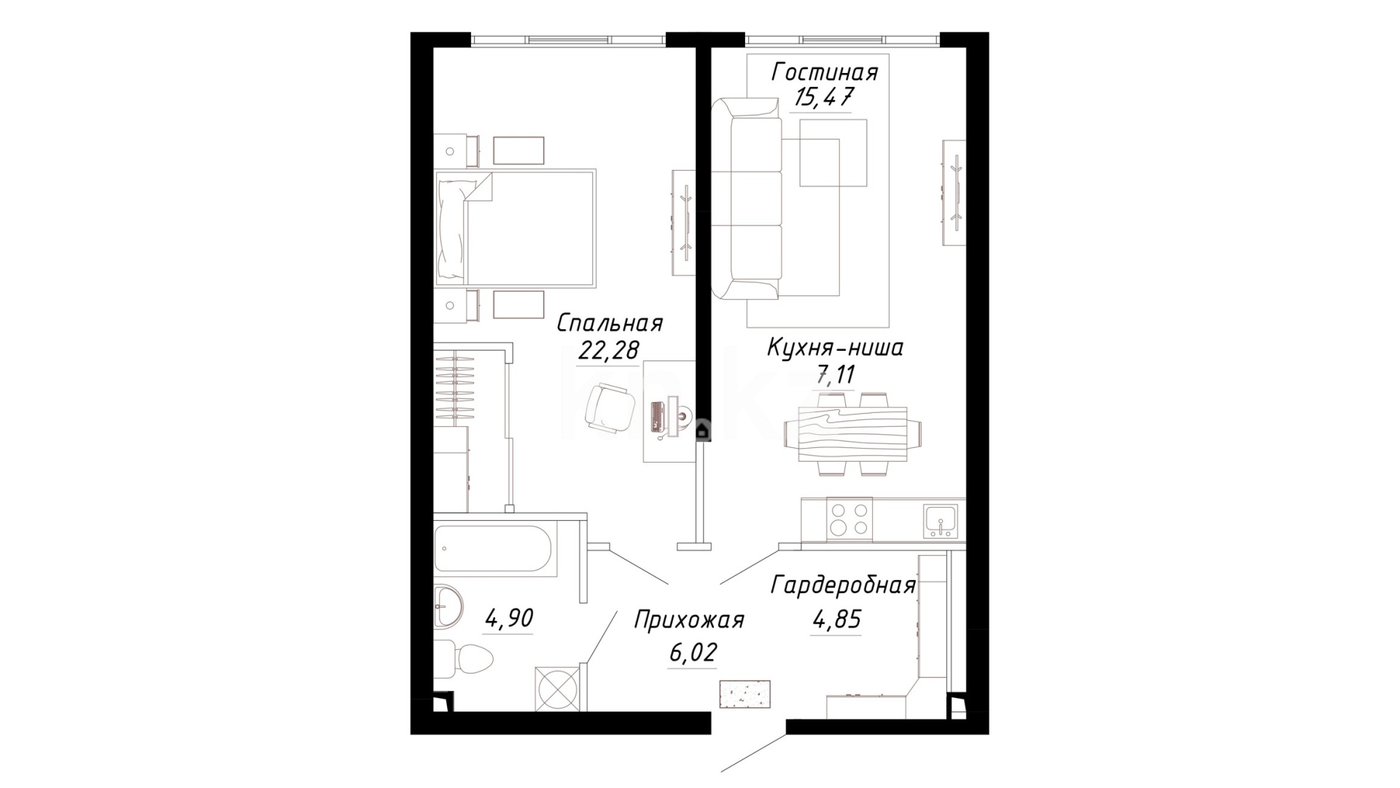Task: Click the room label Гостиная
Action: [825, 73]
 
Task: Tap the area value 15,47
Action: [823, 97]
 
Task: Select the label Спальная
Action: [610, 323]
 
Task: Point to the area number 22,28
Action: [609, 350]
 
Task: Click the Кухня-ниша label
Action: [835, 348]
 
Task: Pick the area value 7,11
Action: [835, 376]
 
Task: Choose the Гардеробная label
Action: [844, 586]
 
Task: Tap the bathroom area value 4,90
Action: [509, 619]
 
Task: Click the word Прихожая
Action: [689, 621]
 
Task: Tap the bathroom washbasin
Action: [446, 606]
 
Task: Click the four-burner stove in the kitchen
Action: [849, 519]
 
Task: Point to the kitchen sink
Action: [941, 521]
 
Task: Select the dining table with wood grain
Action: [852, 434]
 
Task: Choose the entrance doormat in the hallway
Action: [744, 692]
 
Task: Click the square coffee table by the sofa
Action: [833, 152]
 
